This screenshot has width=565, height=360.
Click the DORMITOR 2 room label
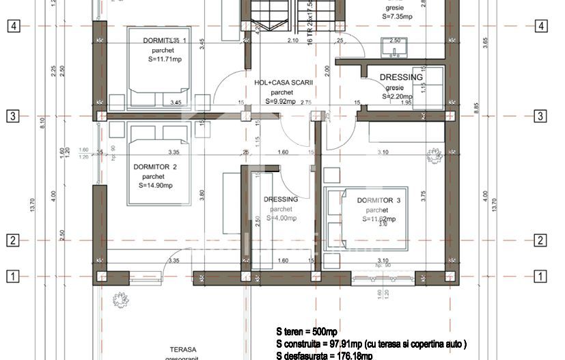(155, 167)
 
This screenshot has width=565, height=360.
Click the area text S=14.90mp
(155, 185)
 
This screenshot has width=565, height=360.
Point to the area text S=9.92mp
(281, 102)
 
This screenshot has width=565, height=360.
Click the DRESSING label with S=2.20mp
(400, 78)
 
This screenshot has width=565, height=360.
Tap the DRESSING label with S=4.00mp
(281, 199)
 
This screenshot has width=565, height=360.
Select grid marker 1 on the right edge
(540, 276)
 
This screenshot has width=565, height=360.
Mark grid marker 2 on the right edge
(540, 240)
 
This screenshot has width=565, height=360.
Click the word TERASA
(167, 349)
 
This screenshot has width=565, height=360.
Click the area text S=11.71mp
(165, 59)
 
